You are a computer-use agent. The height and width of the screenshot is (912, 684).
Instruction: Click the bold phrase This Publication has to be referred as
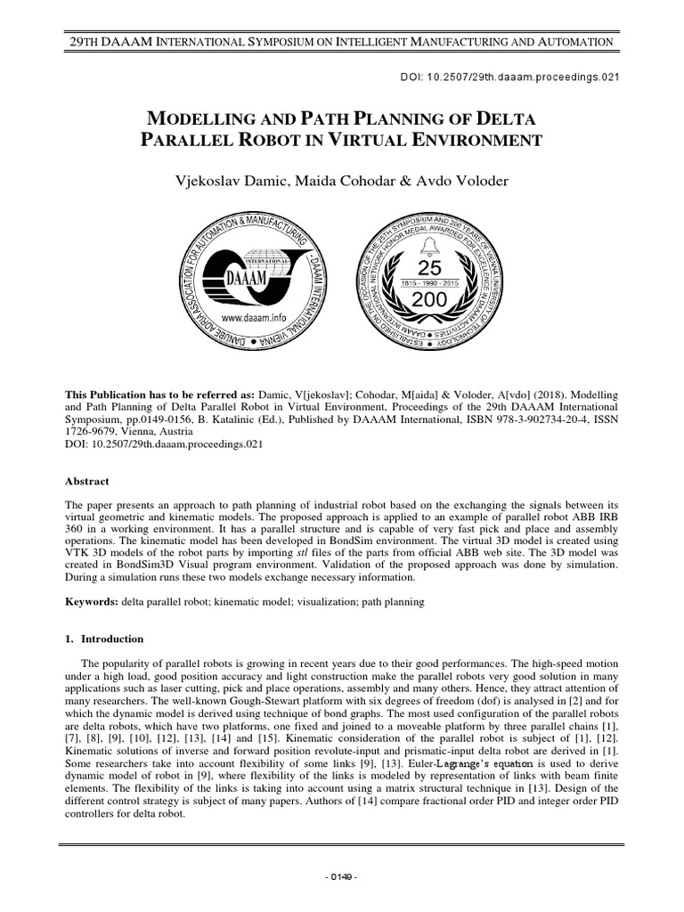[x=161, y=393]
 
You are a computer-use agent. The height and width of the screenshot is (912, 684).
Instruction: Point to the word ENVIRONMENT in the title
[x=473, y=140]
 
